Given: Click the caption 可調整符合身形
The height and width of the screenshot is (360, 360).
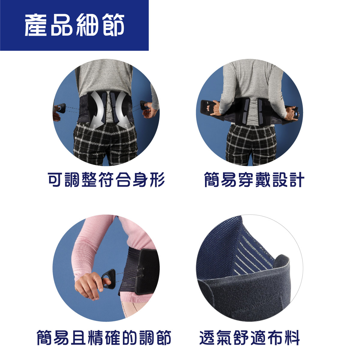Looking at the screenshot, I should (106, 180).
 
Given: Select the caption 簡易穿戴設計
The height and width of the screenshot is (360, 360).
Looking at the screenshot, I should (254, 180).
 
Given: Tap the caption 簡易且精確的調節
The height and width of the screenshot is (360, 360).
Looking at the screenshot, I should (104, 337).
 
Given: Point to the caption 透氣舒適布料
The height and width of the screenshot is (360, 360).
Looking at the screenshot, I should (250, 337).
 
